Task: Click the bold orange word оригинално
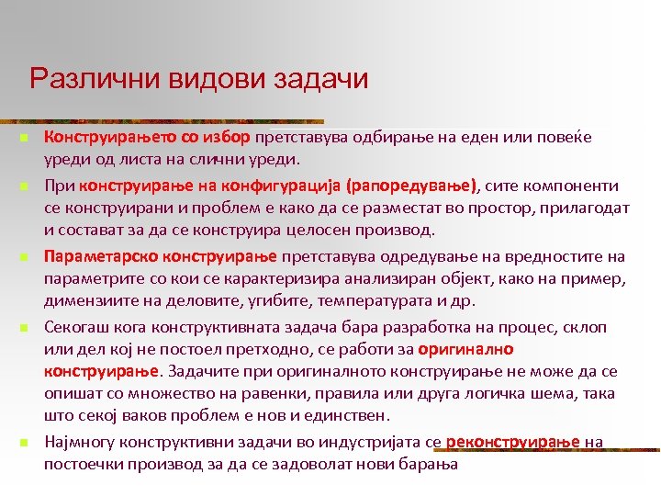click(x=465, y=350)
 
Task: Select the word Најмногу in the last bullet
click(x=79, y=443)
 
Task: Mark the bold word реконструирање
click(x=514, y=443)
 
